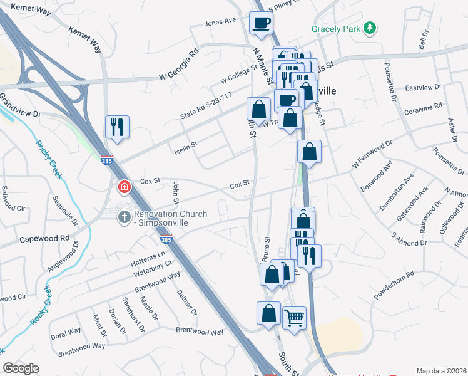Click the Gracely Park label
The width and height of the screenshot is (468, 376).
(x=337, y=29)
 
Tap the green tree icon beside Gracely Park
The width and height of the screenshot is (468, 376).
(x=370, y=28)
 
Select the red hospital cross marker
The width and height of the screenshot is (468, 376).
(x=124, y=187)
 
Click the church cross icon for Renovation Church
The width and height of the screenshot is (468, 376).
(x=124, y=215)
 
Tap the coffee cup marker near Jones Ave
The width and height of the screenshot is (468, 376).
(x=261, y=23)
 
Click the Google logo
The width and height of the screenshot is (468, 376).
(x=21, y=368)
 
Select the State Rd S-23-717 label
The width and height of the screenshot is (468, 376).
(x=206, y=105)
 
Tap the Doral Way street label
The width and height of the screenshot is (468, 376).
(x=66, y=332)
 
